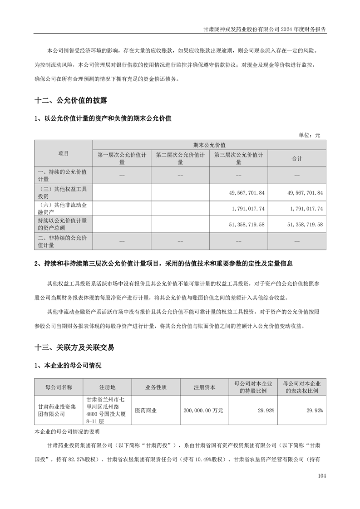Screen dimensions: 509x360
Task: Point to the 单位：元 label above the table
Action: point(309,135)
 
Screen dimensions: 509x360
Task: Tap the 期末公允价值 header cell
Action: point(209,145)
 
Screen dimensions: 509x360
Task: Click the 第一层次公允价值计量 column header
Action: point(122,158)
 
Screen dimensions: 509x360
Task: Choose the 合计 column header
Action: point(297,158)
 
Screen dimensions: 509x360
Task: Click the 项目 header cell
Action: point(64,153)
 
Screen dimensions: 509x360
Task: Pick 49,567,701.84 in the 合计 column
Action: point(305,193)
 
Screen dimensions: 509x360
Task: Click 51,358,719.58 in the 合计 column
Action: point(305,225)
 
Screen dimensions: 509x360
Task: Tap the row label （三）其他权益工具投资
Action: point(64,193)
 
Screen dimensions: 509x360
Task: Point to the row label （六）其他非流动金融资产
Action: point(64,209)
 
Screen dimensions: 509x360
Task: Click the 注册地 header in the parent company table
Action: point(107,387)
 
